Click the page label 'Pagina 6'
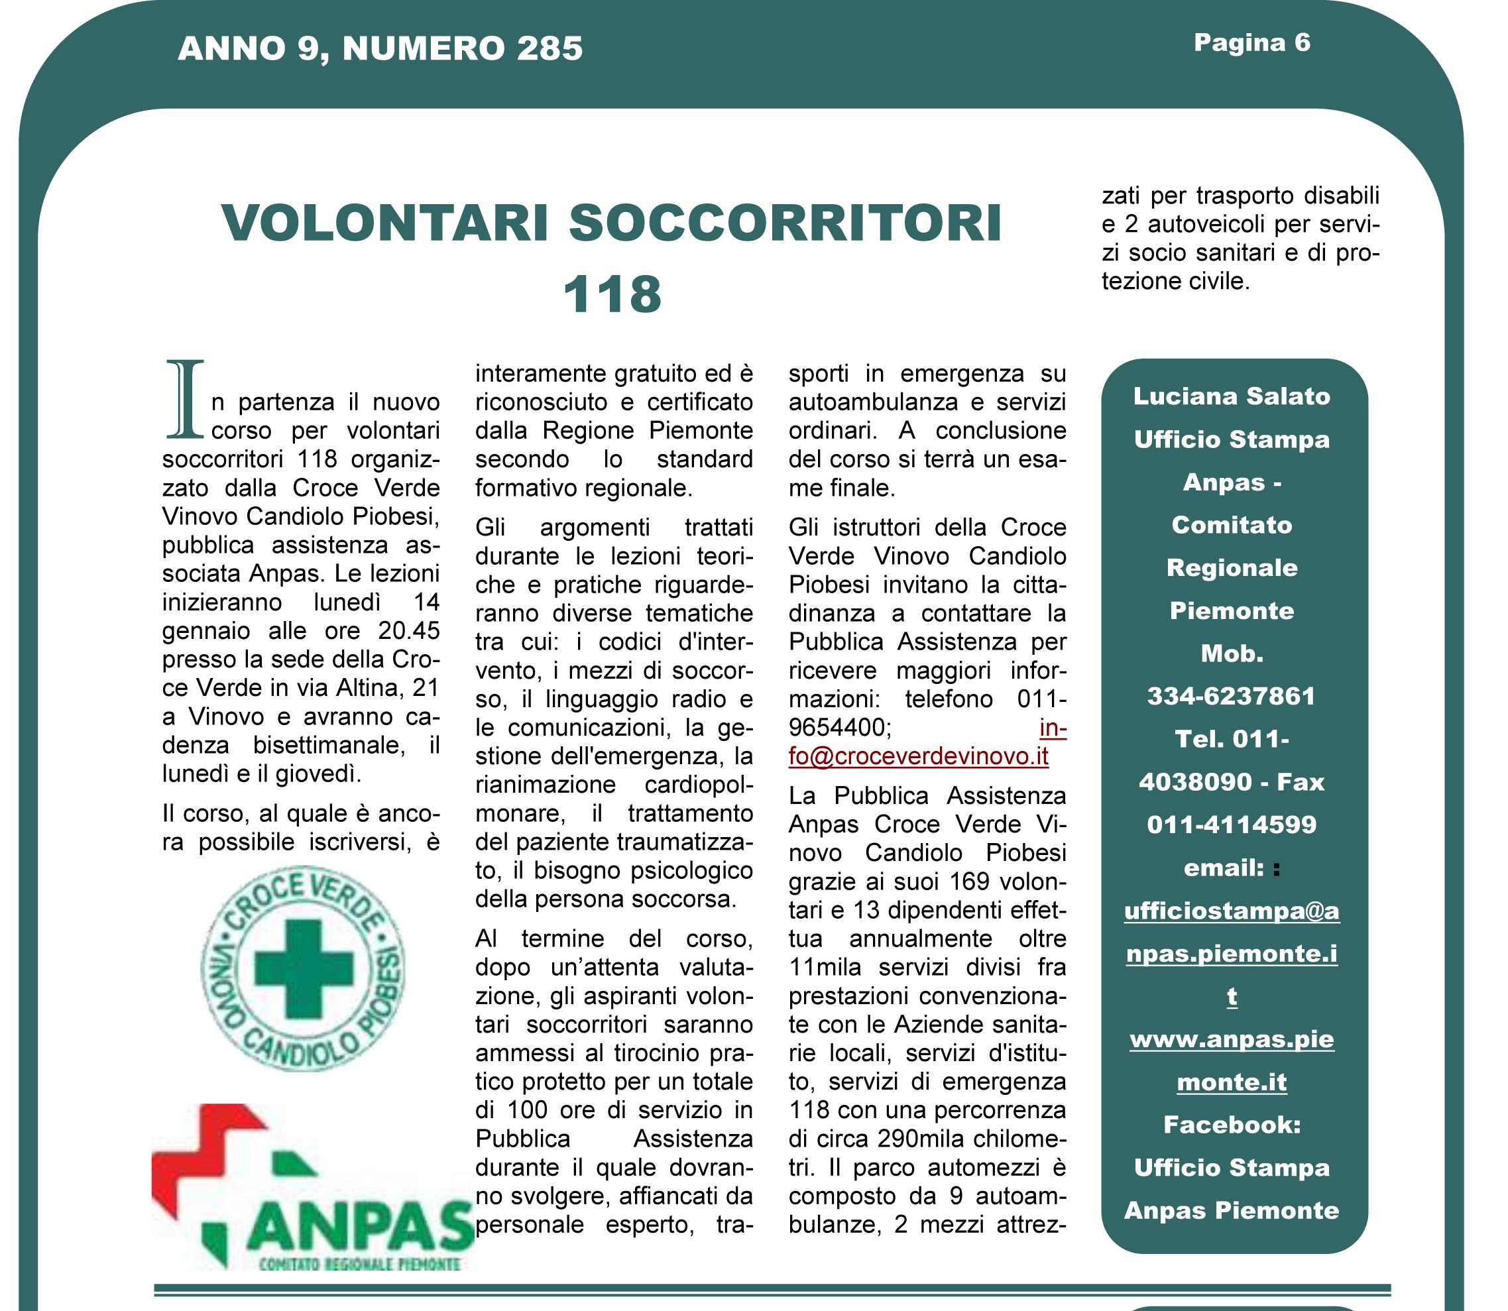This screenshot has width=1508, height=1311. click(x=1251, y=43)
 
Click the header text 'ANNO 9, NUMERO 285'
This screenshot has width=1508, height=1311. click(x=380, y=49)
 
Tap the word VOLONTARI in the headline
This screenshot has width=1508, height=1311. click(x=386, y=223)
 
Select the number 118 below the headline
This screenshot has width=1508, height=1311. click(x=612, y=294)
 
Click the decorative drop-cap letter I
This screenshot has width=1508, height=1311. click(x=184, y=400)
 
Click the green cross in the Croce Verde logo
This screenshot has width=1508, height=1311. click(x=303, y=970)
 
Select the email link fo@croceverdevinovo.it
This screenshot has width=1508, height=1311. click(x=918, y=756)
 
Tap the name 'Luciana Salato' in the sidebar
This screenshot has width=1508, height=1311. click(x=1232, y=396)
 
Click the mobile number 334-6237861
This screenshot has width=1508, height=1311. click(x=1232, y=697)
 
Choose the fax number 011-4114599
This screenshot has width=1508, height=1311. click(x=1232, y=825)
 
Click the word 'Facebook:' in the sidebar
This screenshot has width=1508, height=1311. click(x=1232, y=1125)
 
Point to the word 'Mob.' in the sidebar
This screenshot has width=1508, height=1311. click(x=1232, y=654)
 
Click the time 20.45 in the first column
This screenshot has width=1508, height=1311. click(x=409, y=630)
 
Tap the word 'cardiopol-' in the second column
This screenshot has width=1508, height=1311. click(x=698, y=785)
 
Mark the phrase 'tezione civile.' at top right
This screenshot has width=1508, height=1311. click(x=1176, y=282)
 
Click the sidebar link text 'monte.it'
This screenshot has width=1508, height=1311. click(x=1232, y=1083)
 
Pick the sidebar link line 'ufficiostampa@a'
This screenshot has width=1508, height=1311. click(x=1232, y=911)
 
